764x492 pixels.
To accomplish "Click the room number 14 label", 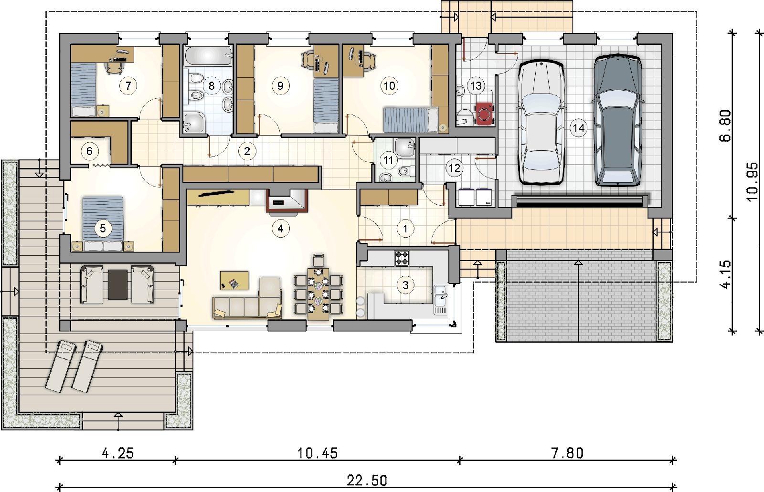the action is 578,128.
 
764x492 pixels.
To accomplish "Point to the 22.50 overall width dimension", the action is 367,481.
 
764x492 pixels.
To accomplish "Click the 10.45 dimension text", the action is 318,453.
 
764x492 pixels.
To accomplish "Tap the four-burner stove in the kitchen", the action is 402,258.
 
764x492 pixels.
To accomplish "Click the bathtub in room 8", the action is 208,55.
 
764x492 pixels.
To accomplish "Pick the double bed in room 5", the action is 103,223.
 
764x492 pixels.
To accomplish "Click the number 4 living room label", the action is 280,228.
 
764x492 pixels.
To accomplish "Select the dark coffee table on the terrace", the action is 117,285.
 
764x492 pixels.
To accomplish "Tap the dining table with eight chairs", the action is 318,293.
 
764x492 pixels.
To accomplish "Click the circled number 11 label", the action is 388,160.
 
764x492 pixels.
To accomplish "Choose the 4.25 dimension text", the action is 117,453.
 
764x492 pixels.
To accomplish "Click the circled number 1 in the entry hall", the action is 405,228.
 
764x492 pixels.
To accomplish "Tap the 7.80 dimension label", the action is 567,453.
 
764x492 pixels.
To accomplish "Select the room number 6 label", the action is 89,151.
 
